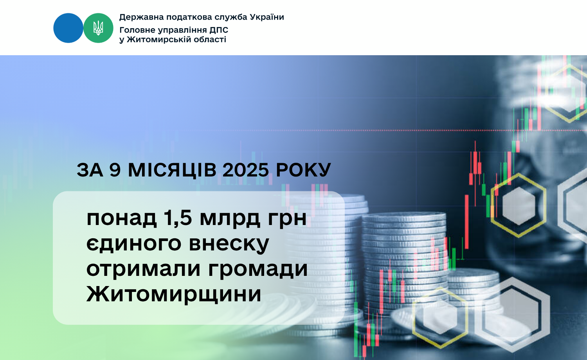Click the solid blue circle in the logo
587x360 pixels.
68,28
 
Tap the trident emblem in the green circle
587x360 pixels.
98,28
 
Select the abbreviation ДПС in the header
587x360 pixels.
219,30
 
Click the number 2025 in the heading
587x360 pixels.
245,170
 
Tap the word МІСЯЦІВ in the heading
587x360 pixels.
172,170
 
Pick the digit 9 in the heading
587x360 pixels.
115,170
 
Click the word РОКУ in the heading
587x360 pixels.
303,170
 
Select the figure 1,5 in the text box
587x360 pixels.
178,218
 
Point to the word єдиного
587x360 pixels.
134,244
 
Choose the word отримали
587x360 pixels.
144,270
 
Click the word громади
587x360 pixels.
258,269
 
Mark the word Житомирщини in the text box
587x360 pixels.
174,294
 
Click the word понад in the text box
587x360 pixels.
122,219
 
